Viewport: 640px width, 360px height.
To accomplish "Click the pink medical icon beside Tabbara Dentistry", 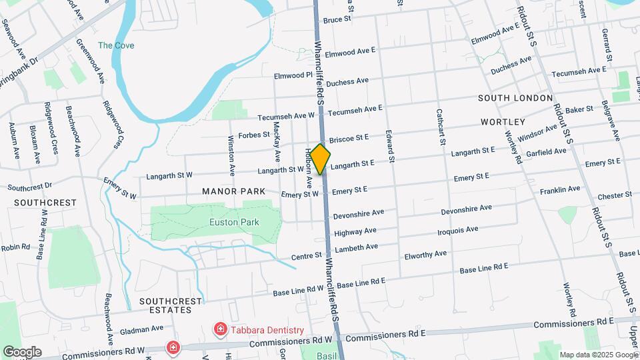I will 219,329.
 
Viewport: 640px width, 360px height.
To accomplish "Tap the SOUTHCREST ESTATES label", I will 171,306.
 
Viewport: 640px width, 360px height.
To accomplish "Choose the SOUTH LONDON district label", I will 515,98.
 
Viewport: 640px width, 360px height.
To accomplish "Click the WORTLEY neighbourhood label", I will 503,123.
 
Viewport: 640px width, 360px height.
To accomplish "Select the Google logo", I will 22,351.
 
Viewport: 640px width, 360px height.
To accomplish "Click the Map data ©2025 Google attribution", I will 599,355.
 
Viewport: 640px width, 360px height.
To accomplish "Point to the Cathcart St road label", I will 440,127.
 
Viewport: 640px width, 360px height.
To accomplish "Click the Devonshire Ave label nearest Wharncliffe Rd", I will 359,215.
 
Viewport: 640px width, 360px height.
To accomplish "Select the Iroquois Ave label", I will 458,231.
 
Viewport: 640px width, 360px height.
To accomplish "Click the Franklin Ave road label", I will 560,190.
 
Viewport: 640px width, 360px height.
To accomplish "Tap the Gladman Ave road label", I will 141,329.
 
